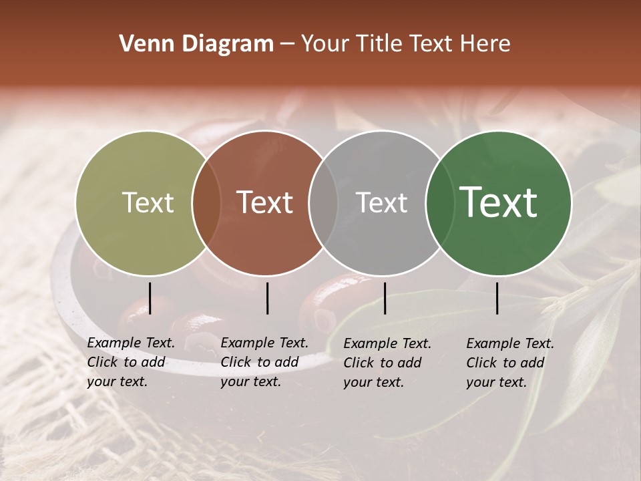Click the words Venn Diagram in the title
196,44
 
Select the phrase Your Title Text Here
406,44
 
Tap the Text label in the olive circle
148,202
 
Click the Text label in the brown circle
264,202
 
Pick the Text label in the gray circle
381,202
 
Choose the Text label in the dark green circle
498,202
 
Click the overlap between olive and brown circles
206,203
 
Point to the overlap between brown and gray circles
323,203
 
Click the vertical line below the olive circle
150,298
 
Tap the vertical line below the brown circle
267,298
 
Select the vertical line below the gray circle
385,298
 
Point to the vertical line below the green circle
497,298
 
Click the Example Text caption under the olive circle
131,343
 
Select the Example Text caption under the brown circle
264,343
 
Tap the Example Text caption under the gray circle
387,344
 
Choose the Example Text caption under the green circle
510,344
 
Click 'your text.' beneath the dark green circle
496,383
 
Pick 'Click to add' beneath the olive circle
126,363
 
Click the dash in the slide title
287,45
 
